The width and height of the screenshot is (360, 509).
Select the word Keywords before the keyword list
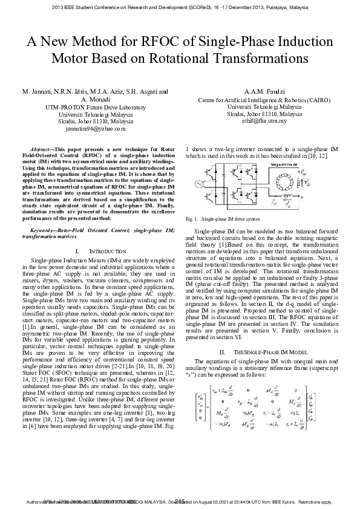point(44,230)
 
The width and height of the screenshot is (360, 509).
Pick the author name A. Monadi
point(96,99)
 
